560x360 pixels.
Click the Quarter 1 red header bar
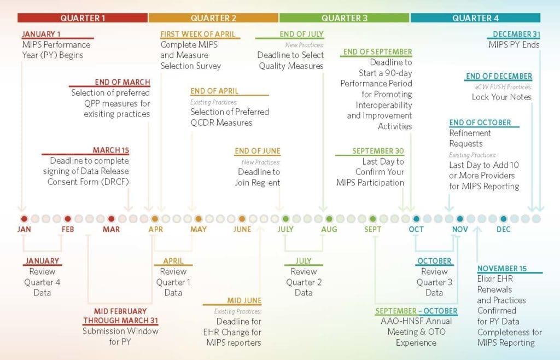coord(83,18)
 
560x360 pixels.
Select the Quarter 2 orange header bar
coord(213,18)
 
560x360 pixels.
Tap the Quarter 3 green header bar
coord(344,18)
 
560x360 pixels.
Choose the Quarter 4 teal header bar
coord(475,18)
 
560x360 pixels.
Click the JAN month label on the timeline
coord(24,229)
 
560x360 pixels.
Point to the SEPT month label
coord(372,229)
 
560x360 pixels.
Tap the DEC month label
coord(503,229)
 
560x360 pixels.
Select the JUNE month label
coord(242,229)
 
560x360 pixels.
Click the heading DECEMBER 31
coord(516,34)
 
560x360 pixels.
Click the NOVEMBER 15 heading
coord(501,269)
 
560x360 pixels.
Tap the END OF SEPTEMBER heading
coord(377,52)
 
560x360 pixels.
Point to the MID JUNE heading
coord(244,300)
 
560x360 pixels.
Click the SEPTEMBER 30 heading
coord(378,151)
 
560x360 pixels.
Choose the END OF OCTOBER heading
coord(480,123)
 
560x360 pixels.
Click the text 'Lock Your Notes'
coord(501,97)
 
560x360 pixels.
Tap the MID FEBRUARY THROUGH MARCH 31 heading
coord(120,316)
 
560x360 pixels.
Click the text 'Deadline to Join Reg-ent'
coord(259,177)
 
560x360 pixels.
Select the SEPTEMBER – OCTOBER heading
coord(416,311)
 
